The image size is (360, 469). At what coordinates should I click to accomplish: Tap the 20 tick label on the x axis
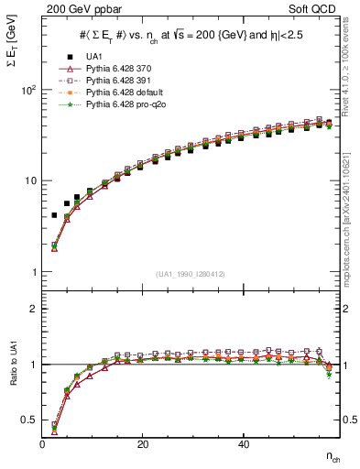(143, 444)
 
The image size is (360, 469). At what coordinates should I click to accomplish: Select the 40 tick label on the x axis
(243, 444)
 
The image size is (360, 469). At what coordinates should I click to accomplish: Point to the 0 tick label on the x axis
(43, 444)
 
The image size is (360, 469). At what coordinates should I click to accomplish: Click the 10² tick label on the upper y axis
(28, 90)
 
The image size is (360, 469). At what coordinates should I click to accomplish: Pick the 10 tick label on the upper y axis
(30, 180)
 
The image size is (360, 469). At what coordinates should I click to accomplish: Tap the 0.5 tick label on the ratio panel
(29, 420)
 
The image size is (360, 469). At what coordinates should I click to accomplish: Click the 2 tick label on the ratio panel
(34, 309)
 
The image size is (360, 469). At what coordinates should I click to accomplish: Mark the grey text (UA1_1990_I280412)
(191, 275)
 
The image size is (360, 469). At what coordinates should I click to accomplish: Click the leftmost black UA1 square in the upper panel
(54, 215)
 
